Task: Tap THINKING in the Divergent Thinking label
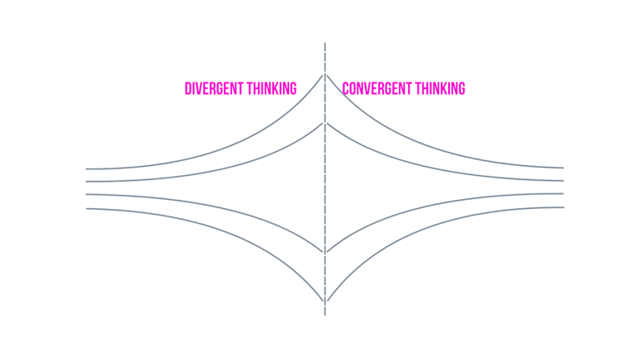pos(270,88)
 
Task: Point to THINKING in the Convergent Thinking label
pos(438,88)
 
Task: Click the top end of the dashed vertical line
pos(325,43)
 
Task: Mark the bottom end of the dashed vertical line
pos(325,315)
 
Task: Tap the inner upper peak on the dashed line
pos(325,123)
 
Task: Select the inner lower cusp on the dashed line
pos(325,252)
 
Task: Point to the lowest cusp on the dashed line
pos(325,301)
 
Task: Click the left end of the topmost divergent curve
pos(87,168)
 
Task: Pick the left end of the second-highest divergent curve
pos(87,181)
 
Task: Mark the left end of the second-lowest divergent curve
pos(87,195)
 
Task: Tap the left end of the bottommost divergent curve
pos(87,208)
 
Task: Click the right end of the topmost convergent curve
pos(563,168)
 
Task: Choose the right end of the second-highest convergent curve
pos(563,181)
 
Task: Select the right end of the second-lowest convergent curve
pos(563,194)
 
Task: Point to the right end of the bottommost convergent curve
pos(563,207)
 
